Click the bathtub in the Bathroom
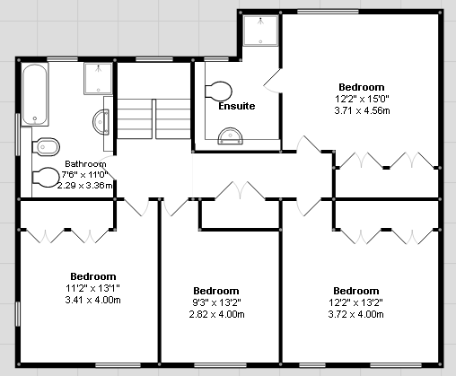pyautogui.click(x=35, y=94)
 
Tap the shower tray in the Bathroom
pyautogui.click(x=99, y=79)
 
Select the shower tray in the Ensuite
pyautogui.click(x=260, y=31)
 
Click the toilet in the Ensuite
pyautogui.click(x=218, y=91)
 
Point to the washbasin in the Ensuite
pyautogui.click(x=230, y=136)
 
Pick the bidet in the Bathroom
pyautogui.click(x=46, y=147)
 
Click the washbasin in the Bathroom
pyautogui.click(x=101, y=122)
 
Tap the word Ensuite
pyautogui.click(x=237, y=106)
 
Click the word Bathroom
pyautogui.click(x=85, y=164)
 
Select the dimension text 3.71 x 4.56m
pyautogui.click(x=362, y=110)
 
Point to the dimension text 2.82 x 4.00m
pyautogui.click(x=216, y=314)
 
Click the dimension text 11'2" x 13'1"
pyautogui.click(x=92, y=288)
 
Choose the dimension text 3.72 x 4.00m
pyautogui.click(x=355, y=314)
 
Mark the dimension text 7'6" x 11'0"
pyautogui.click(x=84, y=174)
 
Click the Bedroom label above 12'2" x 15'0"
pyautogui.click(x=362, y=87)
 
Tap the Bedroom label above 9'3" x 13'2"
pyautogui.click(x=216, y=291)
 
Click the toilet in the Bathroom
pyautogui.click(x=46, y=177)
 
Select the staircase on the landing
pyautogui.click(x=153, y=119)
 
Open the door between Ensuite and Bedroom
pyautogui.click(x=272, y=81)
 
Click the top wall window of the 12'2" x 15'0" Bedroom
pyautogui.click(x=328, y=12)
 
